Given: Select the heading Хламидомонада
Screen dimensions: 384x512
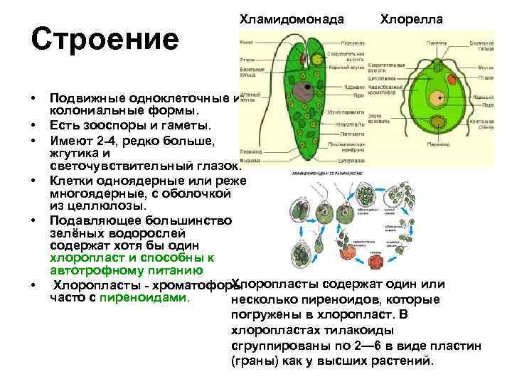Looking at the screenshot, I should coord(292,18).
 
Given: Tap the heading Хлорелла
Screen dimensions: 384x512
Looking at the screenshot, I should coord(412,18).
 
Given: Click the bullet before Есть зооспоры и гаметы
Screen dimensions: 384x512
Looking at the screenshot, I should coord(33,126).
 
